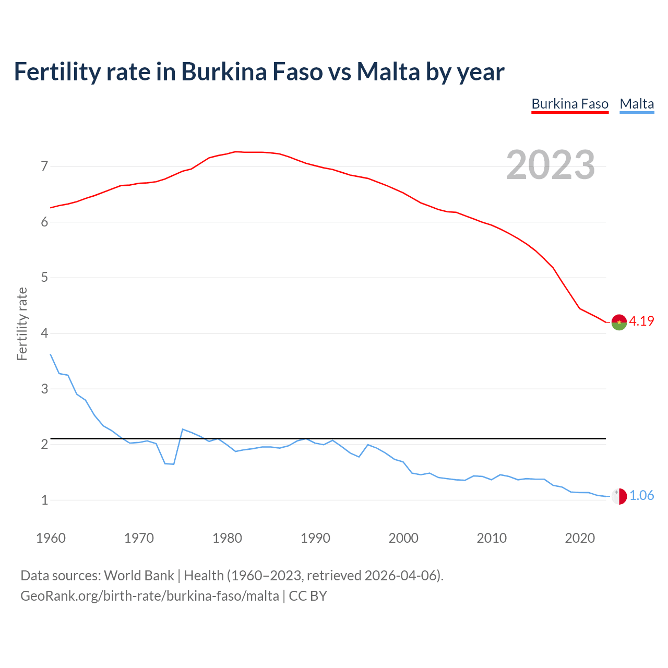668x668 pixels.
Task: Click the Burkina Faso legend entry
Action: [570, 104]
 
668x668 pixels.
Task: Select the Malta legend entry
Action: [637, 104]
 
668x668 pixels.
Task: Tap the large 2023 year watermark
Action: [550, 165]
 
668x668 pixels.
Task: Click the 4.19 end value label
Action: [641, 321]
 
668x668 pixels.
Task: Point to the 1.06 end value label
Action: [641, 495]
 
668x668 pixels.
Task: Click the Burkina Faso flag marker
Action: [619, 323]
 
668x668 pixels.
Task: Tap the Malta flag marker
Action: [619, 496]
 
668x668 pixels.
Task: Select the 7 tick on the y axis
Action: [44, 166]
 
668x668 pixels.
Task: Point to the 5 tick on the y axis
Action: [44, 277]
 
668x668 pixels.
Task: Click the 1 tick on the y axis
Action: [44, 500]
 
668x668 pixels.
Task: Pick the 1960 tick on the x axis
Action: [51, 538]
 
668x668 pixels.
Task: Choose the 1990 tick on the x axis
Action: [315, 538]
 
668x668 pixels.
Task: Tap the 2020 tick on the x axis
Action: [580, 538]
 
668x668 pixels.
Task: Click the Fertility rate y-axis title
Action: [22, 324]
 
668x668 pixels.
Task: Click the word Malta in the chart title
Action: [388, 71]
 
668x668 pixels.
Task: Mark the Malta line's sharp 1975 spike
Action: [182, 429]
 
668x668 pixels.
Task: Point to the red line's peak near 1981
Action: [235, 151]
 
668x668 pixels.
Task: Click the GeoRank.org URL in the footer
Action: [149, 596]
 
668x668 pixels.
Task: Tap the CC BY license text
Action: [308, 596]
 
